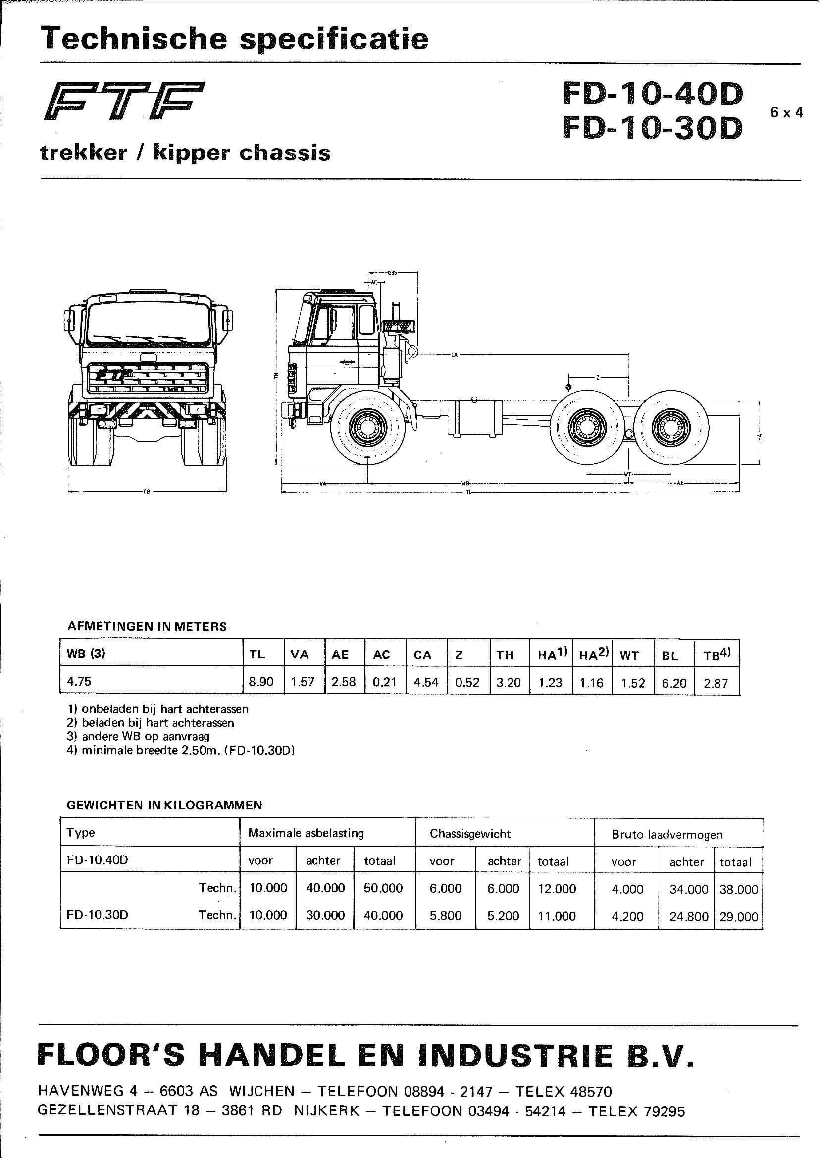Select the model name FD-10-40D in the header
652,94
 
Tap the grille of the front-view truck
149,378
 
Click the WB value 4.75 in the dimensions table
79,681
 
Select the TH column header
505,655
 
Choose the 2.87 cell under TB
716,684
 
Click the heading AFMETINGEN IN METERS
147,626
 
